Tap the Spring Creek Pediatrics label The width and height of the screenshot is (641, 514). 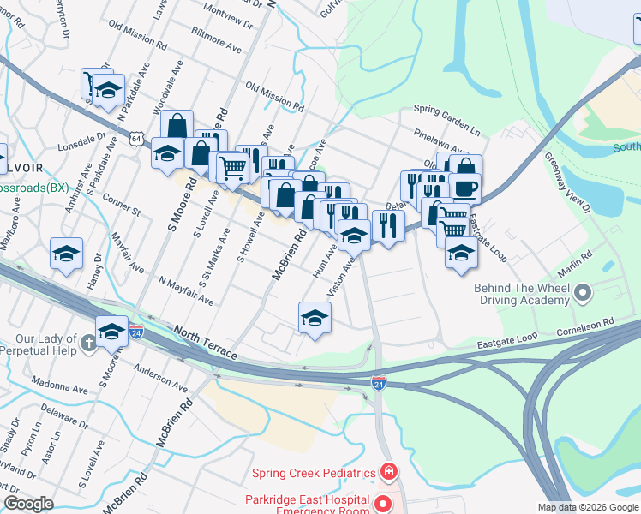tap(314, 473)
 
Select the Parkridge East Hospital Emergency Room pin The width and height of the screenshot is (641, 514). tap(384, 503)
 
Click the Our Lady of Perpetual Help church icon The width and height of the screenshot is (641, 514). tap(87, 344)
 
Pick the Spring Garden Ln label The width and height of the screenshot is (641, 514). tap(446, 110)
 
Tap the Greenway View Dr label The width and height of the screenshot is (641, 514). tap(567, 184)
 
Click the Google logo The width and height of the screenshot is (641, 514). tap(28, 504)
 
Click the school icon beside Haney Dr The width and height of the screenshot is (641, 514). tap(66, 254)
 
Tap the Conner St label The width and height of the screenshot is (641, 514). tap(121, 205)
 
